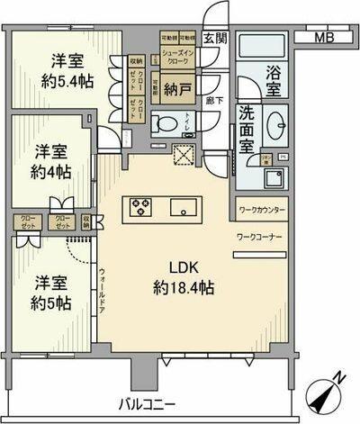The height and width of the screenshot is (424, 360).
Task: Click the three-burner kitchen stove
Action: click(x=142, y=208)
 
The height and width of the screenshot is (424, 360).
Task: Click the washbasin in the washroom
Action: click(x=275, y=123)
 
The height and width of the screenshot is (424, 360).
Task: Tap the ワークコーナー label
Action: click(x=261, y=236)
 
